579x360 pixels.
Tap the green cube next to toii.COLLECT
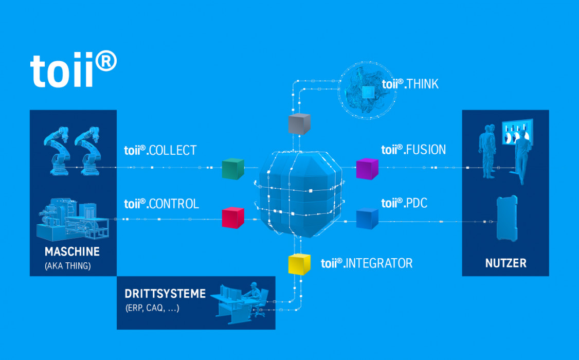click(233, 169)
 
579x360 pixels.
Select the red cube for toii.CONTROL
click(233, 218)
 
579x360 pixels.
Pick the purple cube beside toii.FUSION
click(367, 169)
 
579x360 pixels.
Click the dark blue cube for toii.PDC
click(367, 219)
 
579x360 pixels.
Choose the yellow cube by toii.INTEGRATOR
click(299, 264)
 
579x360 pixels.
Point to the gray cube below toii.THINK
click(299, 124)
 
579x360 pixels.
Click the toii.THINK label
click(410, 84)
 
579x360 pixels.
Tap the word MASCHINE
click(72, 252)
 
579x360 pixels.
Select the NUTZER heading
click(505, 263)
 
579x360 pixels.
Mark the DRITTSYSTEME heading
click(165, 294)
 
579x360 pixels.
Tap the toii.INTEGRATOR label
click(367, 263)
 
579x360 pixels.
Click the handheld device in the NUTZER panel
click(506, 218)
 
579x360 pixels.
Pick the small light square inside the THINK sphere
click(368, 93)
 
